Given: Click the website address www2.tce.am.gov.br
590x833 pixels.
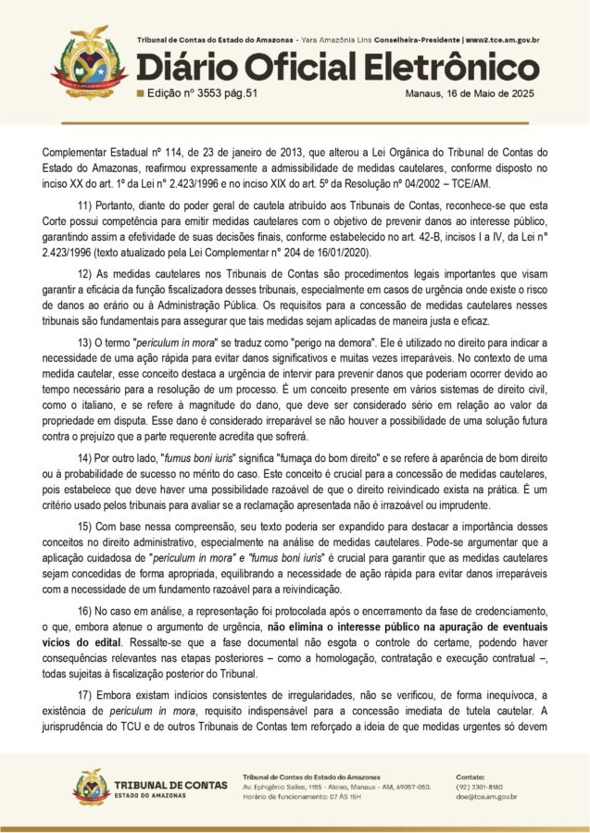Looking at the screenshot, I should pos(503,41).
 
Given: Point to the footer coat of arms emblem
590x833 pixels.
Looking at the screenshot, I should pos(91,787).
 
